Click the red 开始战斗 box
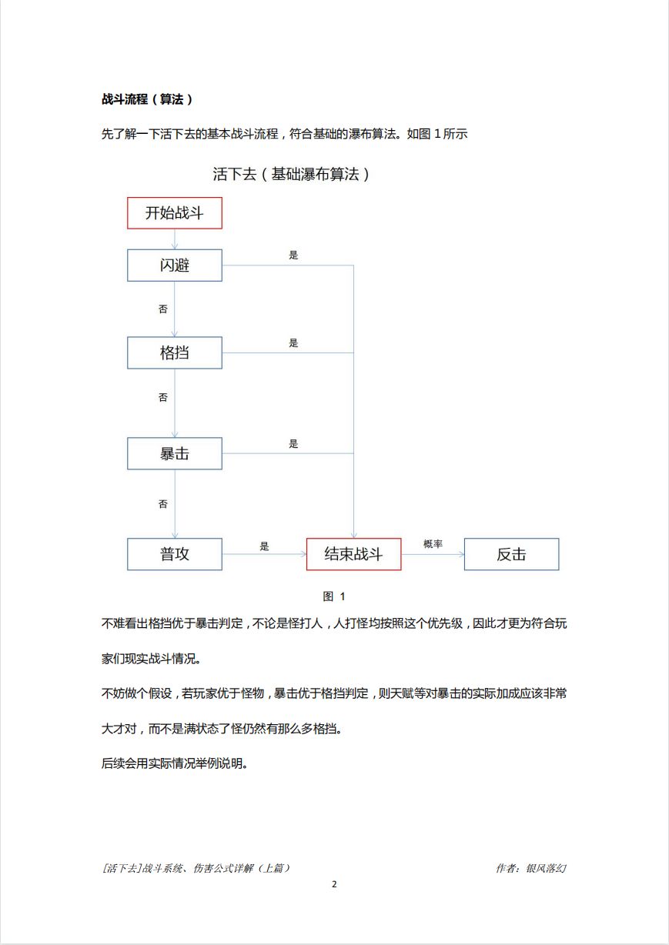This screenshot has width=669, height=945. pyautogui.click(x=174, y=213)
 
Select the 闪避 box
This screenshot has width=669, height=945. pyautogui.click(x=174, y=265)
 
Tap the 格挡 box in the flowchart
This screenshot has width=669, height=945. pyautogui.click(x=174, y=353)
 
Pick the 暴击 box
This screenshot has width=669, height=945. pyautogui.click(x=174, y=454)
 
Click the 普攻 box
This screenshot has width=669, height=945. pyautogui.click(x=174, y=554)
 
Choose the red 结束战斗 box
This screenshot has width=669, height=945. pyautogui.click(x=353, y=554)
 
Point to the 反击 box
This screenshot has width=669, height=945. pyautogui.click(x=511, y=554)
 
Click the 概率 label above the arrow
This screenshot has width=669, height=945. pyautogui.click(x=433, y=544)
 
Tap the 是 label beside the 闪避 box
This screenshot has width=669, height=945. pyautogui.click(x=293, y=255)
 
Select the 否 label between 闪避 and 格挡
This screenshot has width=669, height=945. pyautogui.click(x=163, y=309)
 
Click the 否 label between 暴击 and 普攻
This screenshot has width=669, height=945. pyautogui.click(x=163, y=505)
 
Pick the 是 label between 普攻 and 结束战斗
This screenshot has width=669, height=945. pyautogui.click(x=265, y=546)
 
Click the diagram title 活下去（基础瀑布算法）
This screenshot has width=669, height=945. pyautogui.click(x=292, y=175)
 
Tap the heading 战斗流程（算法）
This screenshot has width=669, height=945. pyautogui.click(x=147, y=99)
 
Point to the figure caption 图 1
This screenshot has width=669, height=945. pyautogui.click(x=334, y=596)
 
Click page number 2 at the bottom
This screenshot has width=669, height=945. pyautogui.click(x=334, y=884)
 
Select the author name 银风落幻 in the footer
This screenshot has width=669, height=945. pyautogui.click(x=546, y=868)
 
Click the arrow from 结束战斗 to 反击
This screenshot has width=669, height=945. pyautogui.click(x=433, y=554)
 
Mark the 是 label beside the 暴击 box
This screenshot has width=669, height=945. pyautogui.click(x=293, y=444)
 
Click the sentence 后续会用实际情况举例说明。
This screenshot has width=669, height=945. pyautogui.click(x=174, y=764)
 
